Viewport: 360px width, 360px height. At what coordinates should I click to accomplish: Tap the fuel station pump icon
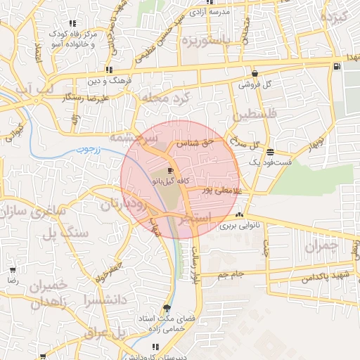point(337,67)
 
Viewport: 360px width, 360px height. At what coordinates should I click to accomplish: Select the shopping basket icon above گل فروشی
point(254,73)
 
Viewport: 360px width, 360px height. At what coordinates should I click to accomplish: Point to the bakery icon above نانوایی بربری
point(240,216)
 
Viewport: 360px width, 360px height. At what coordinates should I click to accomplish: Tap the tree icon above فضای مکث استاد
point(167,307)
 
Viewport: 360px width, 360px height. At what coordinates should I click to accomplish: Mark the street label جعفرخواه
point(117,269)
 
